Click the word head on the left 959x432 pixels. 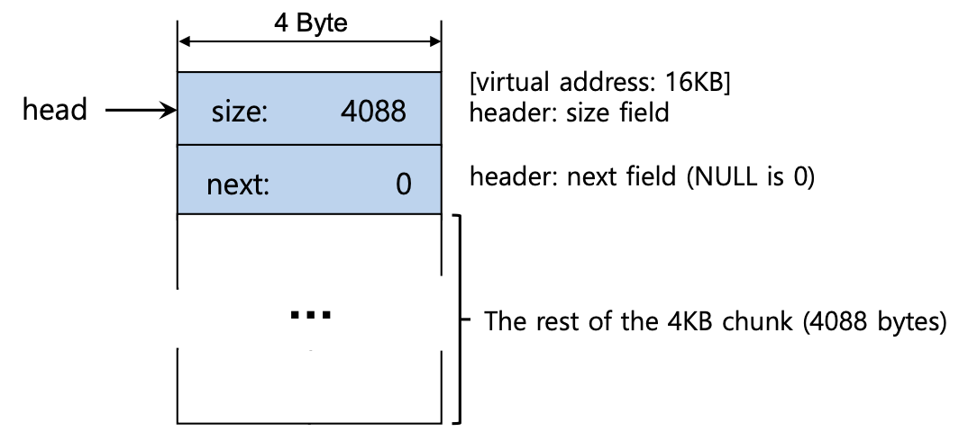[55, 110]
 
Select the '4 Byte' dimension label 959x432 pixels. [311, 22]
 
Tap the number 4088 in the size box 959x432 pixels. [374, 112]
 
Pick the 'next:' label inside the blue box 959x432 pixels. [238, 184]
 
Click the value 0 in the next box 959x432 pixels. [403, 184]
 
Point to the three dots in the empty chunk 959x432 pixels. [311, 315]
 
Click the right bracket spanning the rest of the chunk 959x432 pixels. [461, 319]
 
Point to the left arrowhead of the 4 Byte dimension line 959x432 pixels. [184, 41]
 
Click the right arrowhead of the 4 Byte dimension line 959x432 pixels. [435, 41]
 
